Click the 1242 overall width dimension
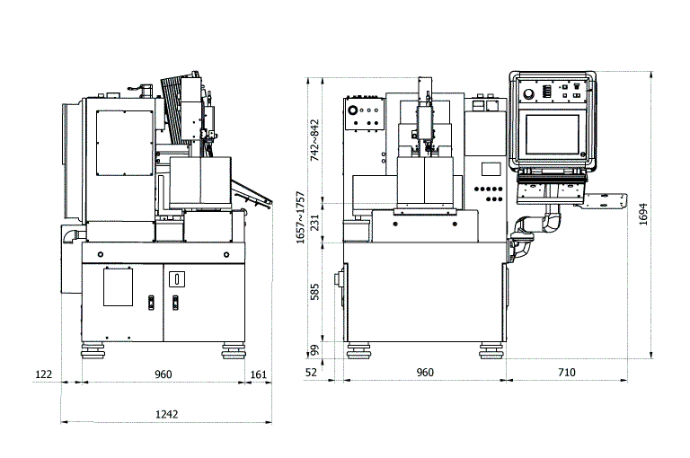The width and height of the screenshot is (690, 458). [x=167, y=414]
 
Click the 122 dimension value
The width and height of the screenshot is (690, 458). [x=43, y=374]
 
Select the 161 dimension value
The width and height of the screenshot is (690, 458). [x=259, y=374]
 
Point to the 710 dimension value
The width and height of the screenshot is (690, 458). [x=566, y=373]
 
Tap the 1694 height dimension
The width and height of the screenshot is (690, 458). [x=643, y=215]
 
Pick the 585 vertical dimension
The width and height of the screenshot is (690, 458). [x=314, y=292]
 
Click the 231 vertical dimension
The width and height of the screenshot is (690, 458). [x=314, y=223]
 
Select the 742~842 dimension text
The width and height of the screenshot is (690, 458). [x=314, y=140]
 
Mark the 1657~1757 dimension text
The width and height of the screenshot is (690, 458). [x=300, y=217]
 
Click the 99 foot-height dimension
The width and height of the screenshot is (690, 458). [x=314, y=350]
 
